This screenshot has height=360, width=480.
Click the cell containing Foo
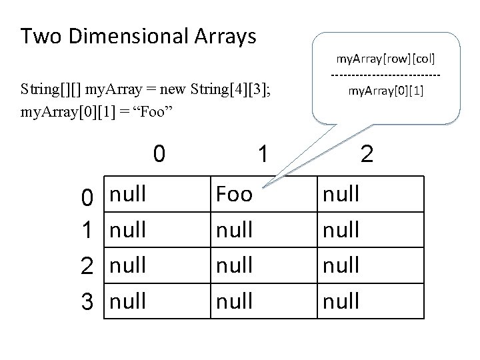[235, 195]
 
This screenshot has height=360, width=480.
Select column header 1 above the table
[263, 155]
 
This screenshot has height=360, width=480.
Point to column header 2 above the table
[366, 155]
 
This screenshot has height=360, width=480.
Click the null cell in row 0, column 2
[341, 195]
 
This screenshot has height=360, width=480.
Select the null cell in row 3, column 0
[128, 301]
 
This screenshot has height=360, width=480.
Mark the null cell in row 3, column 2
[341, 301]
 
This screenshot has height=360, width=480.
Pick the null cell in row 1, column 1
[235, 230]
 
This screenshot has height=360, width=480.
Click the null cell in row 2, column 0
[128, 265]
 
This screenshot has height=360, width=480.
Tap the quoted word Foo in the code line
[155, 108]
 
